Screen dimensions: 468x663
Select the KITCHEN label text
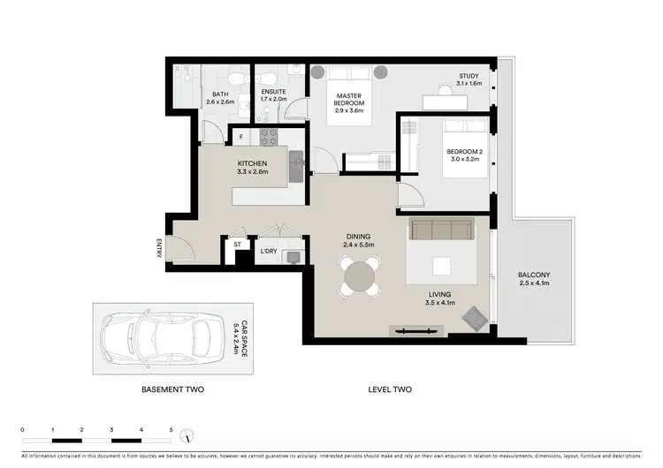tap(252, 163)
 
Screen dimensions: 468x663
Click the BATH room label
tap(220, 93)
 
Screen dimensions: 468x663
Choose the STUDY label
tap(469, 76)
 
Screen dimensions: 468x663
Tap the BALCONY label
tap(533, 275)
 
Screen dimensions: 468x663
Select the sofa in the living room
tap(441, 230)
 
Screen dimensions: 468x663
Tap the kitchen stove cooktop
tap(268, 137)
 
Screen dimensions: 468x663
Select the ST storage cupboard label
tap(237, 243)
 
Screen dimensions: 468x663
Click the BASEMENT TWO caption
tap(175, 389)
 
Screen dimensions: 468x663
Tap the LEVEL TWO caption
tap(390, 389)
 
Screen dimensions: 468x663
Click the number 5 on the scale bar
tap(171, 430)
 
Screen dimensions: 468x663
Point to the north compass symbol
tap(185, 436)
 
